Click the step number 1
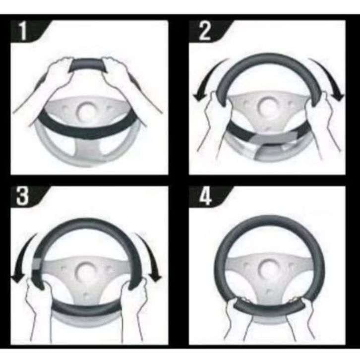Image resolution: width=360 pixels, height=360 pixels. click(22, 31)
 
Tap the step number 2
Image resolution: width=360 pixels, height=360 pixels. click(204, 31)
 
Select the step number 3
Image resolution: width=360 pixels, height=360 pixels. click(22, 196)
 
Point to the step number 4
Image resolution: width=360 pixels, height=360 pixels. click(205, 196)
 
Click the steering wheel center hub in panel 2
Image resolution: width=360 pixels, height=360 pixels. click(267, 107)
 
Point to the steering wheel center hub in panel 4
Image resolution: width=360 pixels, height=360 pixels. click(268, 269)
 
